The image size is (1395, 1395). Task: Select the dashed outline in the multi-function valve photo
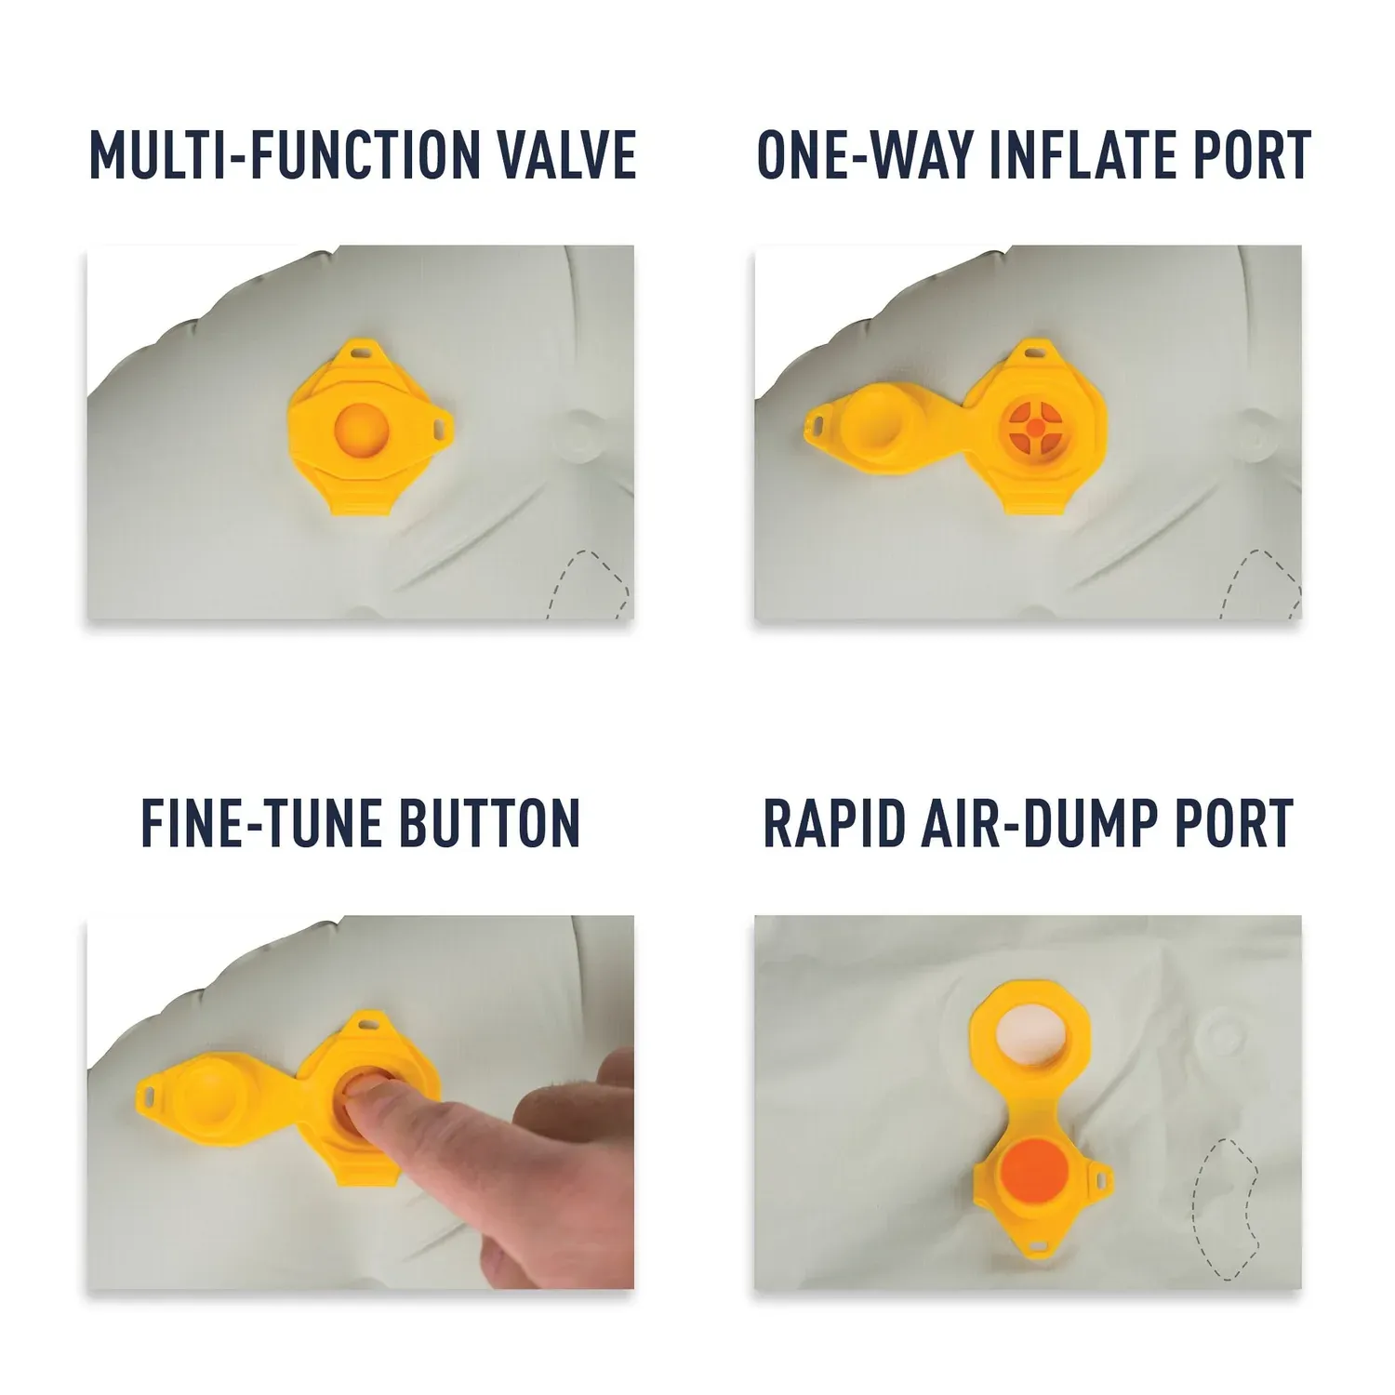[x=591, y=584]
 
